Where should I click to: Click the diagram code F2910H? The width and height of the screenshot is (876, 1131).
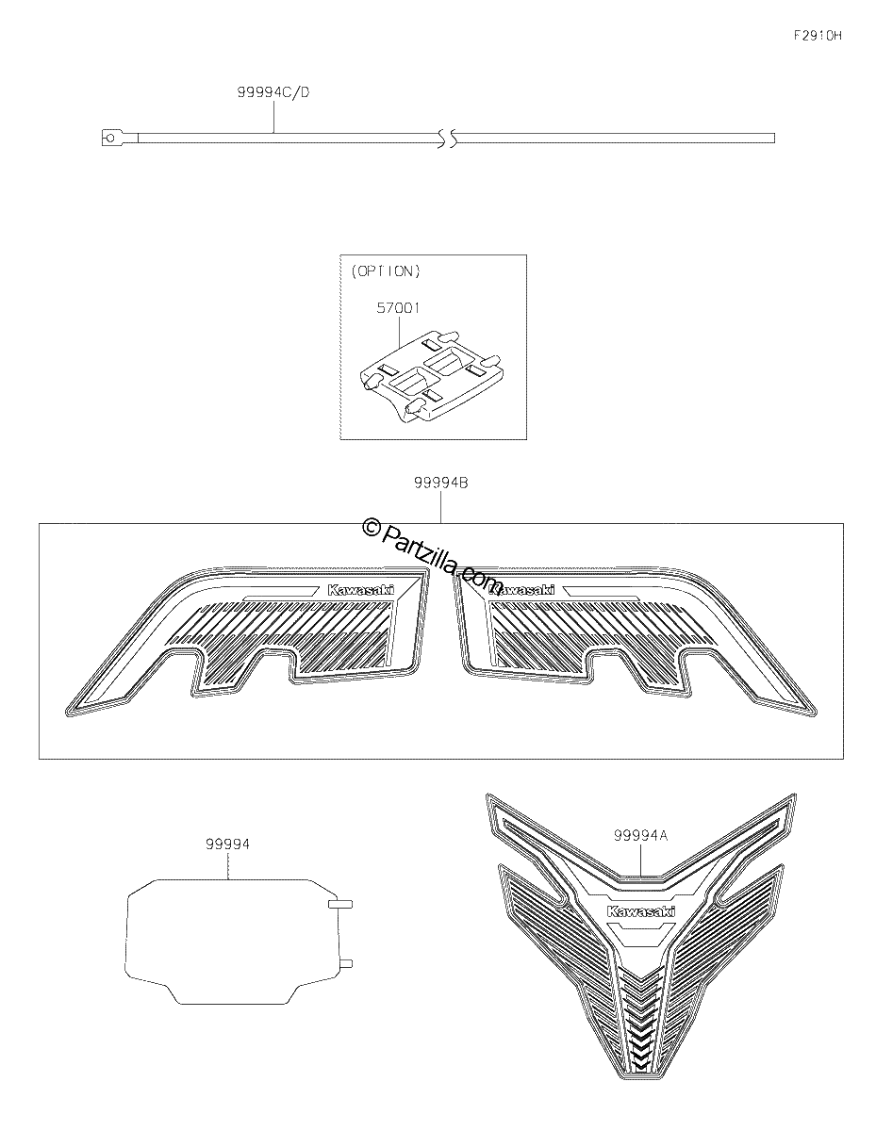click(818, 36)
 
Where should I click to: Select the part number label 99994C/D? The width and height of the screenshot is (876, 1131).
click(273, 92)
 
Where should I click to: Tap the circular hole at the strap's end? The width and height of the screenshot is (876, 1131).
click(109, 138)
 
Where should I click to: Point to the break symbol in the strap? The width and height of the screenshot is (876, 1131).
click(447, 138)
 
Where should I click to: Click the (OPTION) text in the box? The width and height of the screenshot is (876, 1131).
click(385, 271)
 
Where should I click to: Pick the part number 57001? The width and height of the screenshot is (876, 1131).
click(398, 307)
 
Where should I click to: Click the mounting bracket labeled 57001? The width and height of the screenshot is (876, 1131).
click(432, 374)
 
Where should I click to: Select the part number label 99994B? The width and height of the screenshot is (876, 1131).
click(441, 483)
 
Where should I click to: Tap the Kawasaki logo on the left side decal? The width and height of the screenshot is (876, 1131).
click(361, 590)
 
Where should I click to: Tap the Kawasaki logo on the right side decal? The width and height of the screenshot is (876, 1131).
click(521, 590)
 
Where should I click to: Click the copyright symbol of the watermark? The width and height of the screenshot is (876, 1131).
click(371, 529)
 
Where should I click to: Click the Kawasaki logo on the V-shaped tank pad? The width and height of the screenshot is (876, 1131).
click(641, 911)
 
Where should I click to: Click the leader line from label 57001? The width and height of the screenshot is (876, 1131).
click(399, 332)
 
